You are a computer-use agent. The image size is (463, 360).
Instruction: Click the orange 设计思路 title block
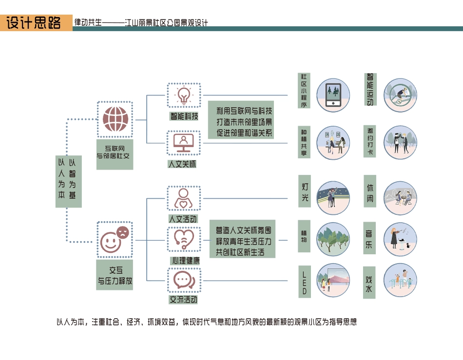[36, 23]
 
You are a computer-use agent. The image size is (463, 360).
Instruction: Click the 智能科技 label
[184, 116]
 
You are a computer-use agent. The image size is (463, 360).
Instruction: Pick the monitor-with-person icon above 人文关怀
[184, 143]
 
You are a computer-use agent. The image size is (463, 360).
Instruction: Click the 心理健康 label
[184, 261]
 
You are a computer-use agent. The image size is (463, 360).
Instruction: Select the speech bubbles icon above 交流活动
[184, 281]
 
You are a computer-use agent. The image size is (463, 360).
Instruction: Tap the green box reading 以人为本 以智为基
[68, 181]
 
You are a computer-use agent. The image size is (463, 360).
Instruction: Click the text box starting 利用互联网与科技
[241, 120]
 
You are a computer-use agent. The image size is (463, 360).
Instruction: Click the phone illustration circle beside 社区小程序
[333, 94]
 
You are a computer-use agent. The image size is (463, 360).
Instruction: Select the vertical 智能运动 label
[370, 90]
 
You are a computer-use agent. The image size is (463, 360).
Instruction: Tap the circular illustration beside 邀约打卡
[401, 143]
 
